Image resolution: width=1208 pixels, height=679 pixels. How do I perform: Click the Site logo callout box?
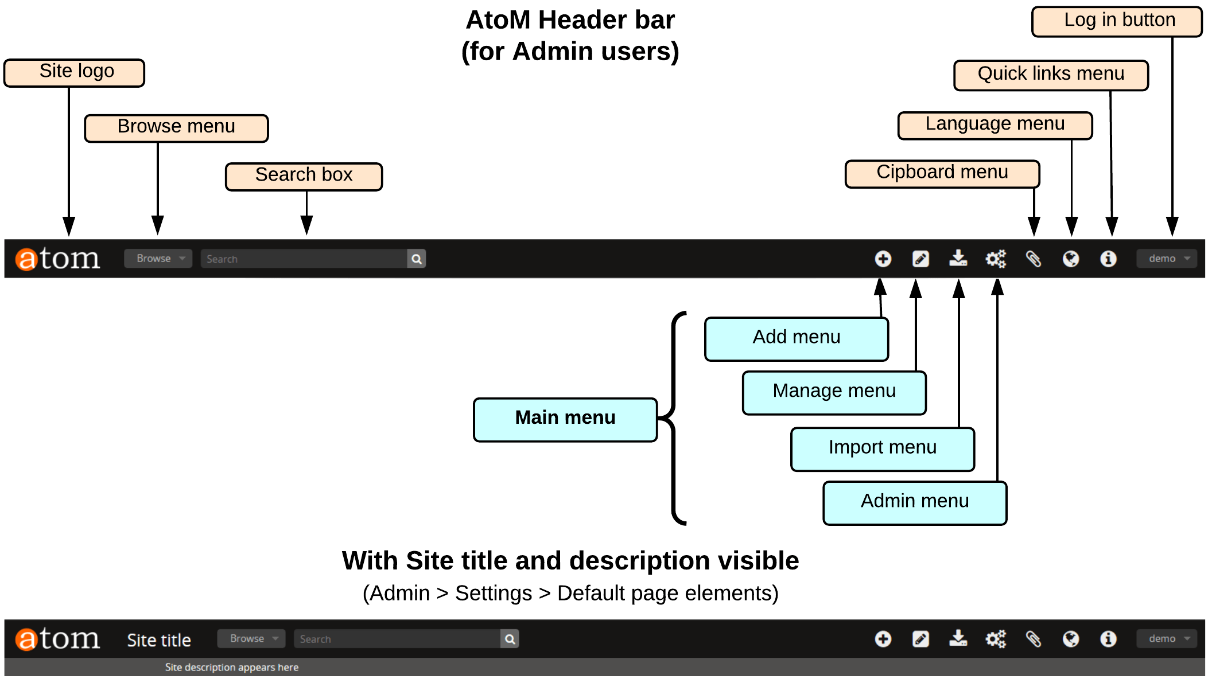[x=74, y=73]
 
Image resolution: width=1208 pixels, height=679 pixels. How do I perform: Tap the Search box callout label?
[x=304, y=176]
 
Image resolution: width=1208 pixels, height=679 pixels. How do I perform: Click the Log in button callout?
[x=1116, y=21]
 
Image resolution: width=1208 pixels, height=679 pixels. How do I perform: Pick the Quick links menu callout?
[x=1050, y=75]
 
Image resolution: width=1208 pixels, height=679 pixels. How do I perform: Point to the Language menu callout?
[x=995, y=125]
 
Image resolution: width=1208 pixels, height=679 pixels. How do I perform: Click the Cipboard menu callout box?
[x=942, y=173]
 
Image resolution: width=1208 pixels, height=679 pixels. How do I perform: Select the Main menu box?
[x=565, y=419]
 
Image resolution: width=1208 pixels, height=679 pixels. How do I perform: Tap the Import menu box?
[x=882, y=449]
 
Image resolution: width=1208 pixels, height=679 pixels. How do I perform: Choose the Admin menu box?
[x=914, y=502]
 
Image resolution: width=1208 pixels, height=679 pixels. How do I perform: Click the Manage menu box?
[x=833, y=392]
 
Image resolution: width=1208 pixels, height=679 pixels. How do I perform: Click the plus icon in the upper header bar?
[x=883, y=259]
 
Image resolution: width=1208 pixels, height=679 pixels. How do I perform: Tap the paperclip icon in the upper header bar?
[x=1033, y=259]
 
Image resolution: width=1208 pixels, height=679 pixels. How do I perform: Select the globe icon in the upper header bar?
[x=1070, y=259]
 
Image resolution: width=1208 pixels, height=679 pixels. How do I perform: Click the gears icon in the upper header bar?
[x=996, y=259]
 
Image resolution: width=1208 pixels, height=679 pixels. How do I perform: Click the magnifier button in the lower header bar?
[x=510, y=639]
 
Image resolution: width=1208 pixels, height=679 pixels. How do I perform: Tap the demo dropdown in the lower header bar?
[x=1166, y=638]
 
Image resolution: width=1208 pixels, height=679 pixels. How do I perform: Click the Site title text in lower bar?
[x=159, y=640]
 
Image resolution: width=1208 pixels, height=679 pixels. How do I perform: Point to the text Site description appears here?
[x=231, y=667]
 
